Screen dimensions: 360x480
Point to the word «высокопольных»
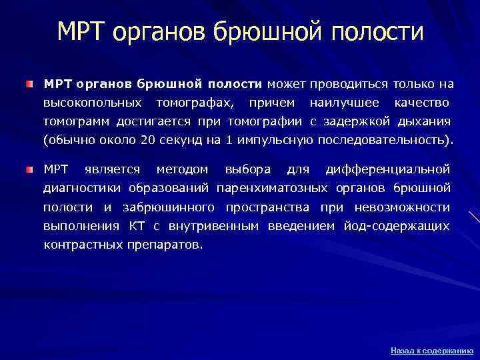[x=92, y=103]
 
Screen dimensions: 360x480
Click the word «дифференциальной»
[x=387, y=169]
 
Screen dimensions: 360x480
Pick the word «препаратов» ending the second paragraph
[x=165, y=245]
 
